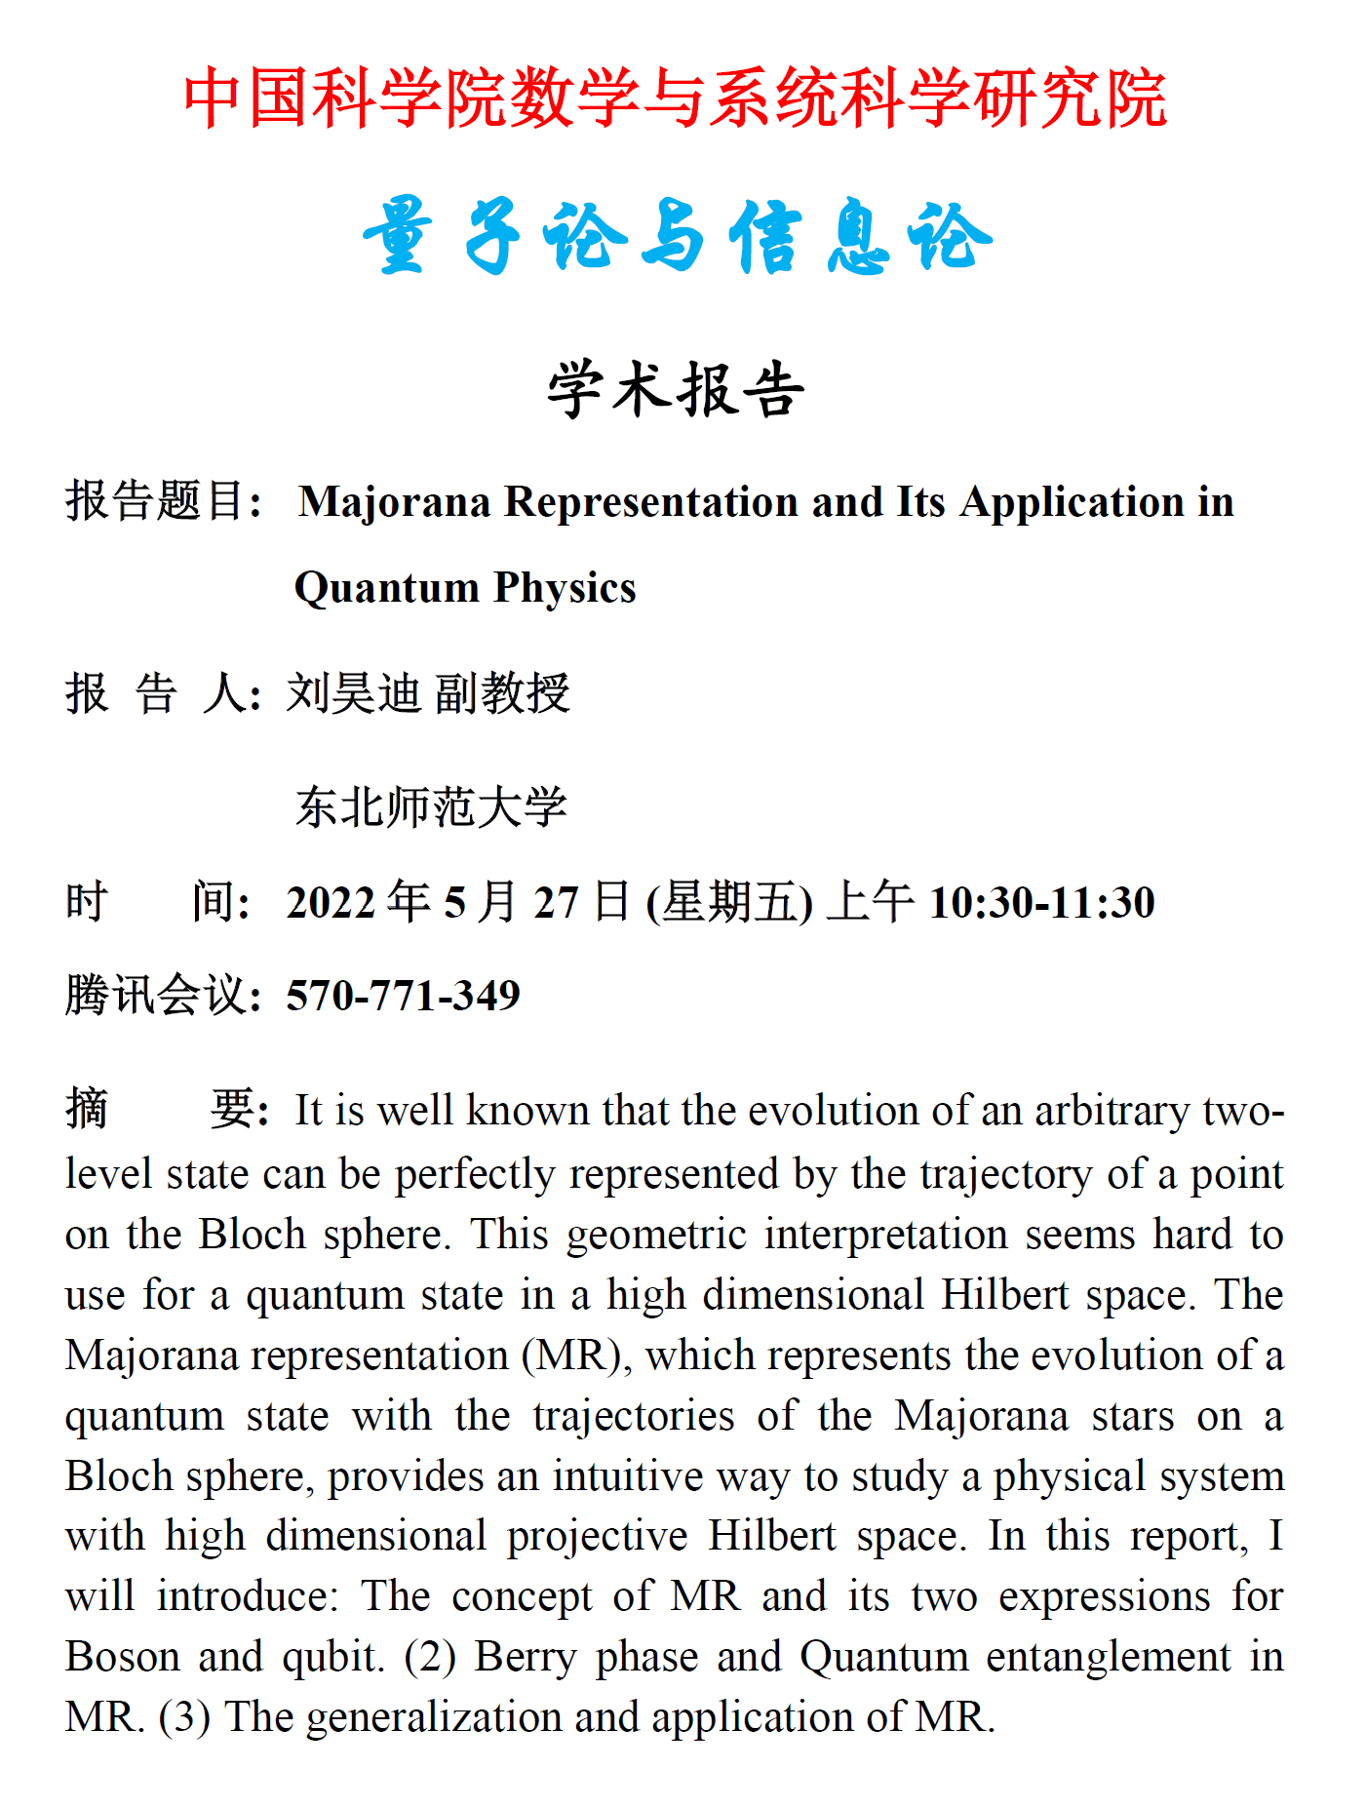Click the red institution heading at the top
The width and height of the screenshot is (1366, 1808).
pyautogui.click(x=675, y=99)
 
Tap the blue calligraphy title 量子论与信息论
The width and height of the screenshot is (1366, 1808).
pyautogui.click(x=677, y=237)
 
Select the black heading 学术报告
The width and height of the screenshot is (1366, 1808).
pyautogui.click(x=676, y=390)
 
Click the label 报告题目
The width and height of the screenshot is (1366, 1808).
pyautogui.click(x=156, y=502)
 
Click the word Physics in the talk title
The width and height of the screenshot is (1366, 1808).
pyautogui.click(x=565, y=588)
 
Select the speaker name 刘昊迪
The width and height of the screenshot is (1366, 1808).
pyautogui.click(x=353, y=693)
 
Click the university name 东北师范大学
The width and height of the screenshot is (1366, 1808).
pyautogui.click(x=431, y=807)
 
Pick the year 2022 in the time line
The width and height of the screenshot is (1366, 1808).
pyautogui.click(x=331, y=902)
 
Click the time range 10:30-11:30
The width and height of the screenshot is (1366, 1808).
pyautogui.click(x=1041, y=902)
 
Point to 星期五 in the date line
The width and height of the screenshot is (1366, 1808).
pyautogui.click(x=729, y=902)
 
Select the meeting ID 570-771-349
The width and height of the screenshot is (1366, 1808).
pyautogui.click(x=403, y=996)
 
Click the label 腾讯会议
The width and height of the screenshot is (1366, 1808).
pyautogui.click(x=156, y=996)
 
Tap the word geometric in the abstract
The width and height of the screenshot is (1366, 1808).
pyautogui.click(x=656, y=1236)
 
